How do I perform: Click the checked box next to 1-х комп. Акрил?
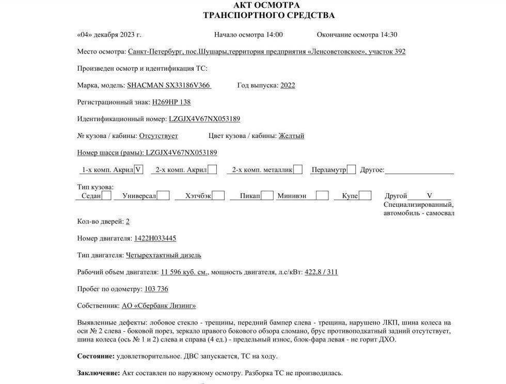(x=138, y=170)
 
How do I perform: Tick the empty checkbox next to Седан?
(x=106, y=196)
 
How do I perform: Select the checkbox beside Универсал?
(x=163, y=196)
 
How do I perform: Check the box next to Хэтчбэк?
(x=218, y=196)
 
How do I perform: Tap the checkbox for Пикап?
(x=267, y=196)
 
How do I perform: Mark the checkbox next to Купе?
(x=365, y=196)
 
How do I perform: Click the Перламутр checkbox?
(x=351, y=170)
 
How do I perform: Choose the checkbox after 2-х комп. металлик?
(x=298, y=170)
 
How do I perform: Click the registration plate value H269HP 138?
(x=171, y=102)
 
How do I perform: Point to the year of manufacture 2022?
(x=288, y=85)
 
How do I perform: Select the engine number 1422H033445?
(x=155, y=238)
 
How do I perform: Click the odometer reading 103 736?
(x=156, y=289)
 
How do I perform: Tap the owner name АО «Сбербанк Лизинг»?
(x=159, y=306)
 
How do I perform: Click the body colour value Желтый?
(x=291, y=136)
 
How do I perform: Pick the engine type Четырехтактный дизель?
(x=164, y=255)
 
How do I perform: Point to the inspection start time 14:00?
(x=274, y=35)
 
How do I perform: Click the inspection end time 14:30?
(x=389, y=35)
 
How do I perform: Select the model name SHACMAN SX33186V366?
(x=169, y=85)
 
